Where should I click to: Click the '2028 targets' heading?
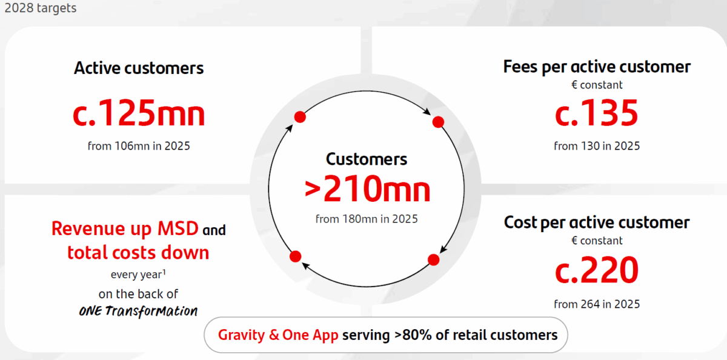click(x=41, y=8)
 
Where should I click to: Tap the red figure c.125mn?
click(x=139, y=113)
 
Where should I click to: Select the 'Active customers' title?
click(x=139, y=68)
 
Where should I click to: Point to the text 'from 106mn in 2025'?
click(x=139, y=146)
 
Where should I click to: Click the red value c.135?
click(x=597, y=113)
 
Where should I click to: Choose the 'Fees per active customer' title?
click(x=597, y=67)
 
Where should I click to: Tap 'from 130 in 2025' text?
click(x=597, y=146)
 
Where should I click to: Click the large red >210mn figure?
click(x=367, y=188)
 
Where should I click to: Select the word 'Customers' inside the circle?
click(x=367, y=159)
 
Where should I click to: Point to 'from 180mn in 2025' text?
click(x=367, y=219)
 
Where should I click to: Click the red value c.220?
click(x=597, y=270)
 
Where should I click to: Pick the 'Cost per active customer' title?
click(x=597, y=222)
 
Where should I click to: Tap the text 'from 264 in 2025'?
click(x=597, y=304)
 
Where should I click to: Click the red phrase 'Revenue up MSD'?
click(x=125, y=229)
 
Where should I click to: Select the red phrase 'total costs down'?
click(x=138, y=253)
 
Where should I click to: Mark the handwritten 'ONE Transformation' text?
click(x=138, y=311)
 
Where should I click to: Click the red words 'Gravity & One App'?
click(x=278, y=335)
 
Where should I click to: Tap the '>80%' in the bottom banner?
click(x=413, y=335)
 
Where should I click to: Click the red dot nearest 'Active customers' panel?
click(x=300, y=117)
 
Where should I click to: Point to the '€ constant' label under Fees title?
click(x=597, y=85)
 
